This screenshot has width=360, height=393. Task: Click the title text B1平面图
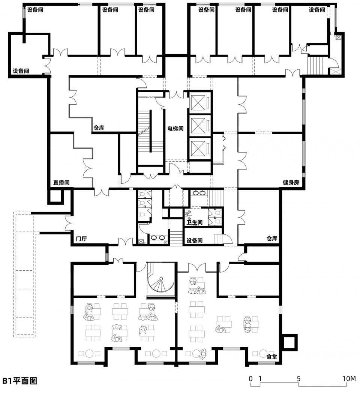pos(20,381)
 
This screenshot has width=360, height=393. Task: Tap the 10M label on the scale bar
pos(349,378)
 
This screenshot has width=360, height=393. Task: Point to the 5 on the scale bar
pos(298,378)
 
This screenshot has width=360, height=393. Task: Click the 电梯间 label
pos(175,129)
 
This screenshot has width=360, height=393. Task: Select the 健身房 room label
pos(291,182)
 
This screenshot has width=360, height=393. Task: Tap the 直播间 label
pos(61,183)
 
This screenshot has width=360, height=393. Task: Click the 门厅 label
pos(81,238)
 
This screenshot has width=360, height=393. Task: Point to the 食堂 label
pos(272,356)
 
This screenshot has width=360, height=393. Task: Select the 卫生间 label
pos(195,222)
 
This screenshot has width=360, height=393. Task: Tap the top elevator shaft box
pos(198,103)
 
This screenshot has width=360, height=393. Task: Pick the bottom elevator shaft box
pos(198,149)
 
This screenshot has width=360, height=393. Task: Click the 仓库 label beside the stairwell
pos(99,127)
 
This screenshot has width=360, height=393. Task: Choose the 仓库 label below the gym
pos(272,238)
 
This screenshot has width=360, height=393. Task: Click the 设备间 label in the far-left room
pos(21,71)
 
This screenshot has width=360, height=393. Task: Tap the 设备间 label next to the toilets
pos(195,241)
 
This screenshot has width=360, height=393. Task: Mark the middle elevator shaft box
pos(198,126)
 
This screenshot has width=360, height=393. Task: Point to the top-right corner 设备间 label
pos(317,10)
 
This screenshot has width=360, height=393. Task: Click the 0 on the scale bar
pos(251,378)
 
